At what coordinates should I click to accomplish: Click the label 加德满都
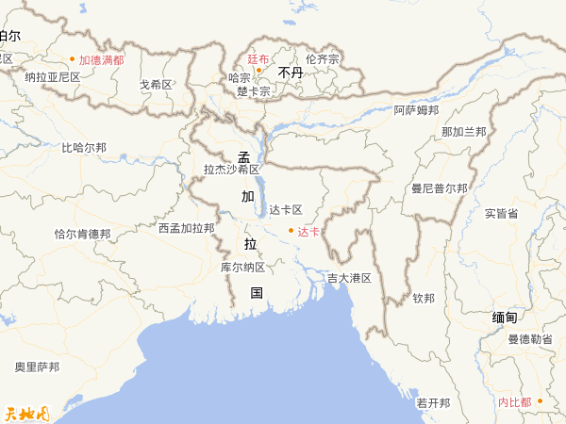(101, 59)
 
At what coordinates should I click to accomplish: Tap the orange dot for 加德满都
(72, 59)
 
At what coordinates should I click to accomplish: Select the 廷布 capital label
(258, 58)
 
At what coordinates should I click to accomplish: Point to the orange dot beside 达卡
(291, 231)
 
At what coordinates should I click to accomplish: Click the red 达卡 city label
(308, 231)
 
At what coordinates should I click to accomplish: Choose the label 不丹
(290, 72)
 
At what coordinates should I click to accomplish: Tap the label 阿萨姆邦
(416, 110)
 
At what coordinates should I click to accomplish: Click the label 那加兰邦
(463, 131)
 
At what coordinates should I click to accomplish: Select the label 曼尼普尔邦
(439, 188)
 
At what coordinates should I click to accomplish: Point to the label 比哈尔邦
(84, 148)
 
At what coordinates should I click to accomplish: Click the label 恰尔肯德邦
(82, 234)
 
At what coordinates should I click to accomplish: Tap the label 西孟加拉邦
(186, 228)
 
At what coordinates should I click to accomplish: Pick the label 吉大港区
(349, 278)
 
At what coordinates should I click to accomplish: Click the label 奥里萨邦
(37, 367)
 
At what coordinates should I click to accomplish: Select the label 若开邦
(433, 402)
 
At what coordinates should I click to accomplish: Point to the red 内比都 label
(515, 402)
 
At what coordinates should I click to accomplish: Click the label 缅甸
(505, 318)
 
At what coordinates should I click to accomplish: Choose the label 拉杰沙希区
(231, 170)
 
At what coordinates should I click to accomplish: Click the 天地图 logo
(26, 412)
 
